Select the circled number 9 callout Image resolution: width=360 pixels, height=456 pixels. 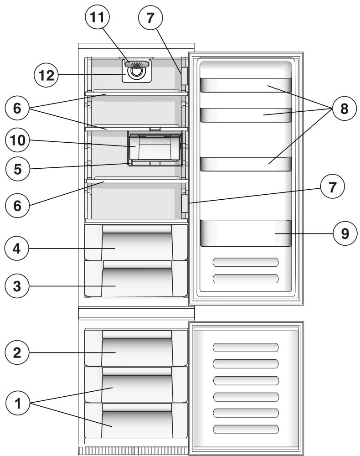(343, 233)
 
